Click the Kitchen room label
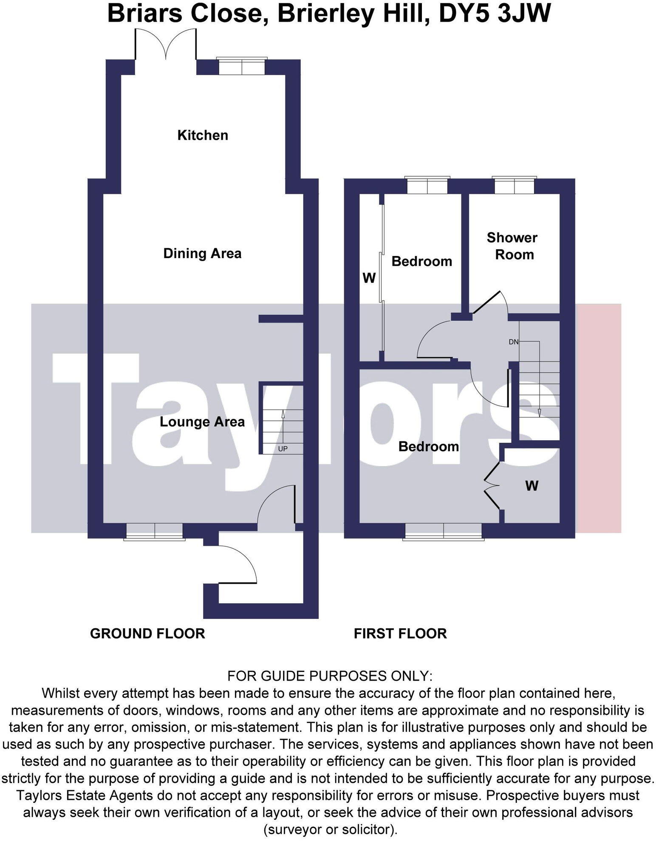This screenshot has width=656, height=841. (x=203, y=135)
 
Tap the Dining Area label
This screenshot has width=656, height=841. (x=202, y=253)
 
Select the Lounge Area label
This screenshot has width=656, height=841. (x=202, y=422)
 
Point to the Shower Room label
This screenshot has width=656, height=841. (x=513, y=246)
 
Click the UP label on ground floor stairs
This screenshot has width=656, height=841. (x=283, y=449)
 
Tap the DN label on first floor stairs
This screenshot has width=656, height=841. (x=514, y=342)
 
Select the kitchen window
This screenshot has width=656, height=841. (x=241, y=67)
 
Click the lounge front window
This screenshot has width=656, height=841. (x=155, y=531)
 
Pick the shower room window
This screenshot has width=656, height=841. (x=514, y=186)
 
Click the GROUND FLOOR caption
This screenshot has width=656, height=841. (x=147, y=633)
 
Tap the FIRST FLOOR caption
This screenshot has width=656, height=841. (x=400, y=633)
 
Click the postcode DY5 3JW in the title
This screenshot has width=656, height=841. (x=495, y=14)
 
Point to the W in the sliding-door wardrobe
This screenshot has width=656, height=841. (x=369, y=278)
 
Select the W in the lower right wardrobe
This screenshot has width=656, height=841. (x=532, y=486)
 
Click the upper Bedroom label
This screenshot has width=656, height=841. (x=421, y=262)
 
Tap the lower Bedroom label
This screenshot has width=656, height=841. (x=428, y=447)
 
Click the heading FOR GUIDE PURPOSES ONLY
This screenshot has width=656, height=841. (x=330, y=675)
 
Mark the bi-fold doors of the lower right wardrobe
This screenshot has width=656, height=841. (x=492, y=485)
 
